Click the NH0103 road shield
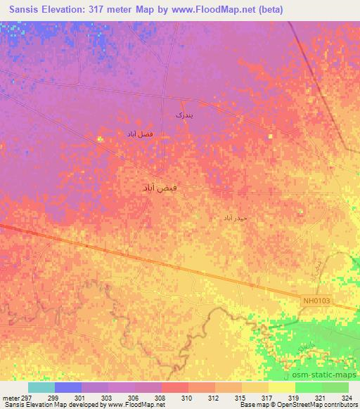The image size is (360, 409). pyautogui.click(x=317, y=301)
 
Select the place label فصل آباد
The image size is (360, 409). pyautogui.click(x=139, y=133)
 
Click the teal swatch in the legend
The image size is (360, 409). pyautogui.click(x=41, y=387)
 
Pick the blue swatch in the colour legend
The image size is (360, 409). pyautogui.click(x=68, y=387)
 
